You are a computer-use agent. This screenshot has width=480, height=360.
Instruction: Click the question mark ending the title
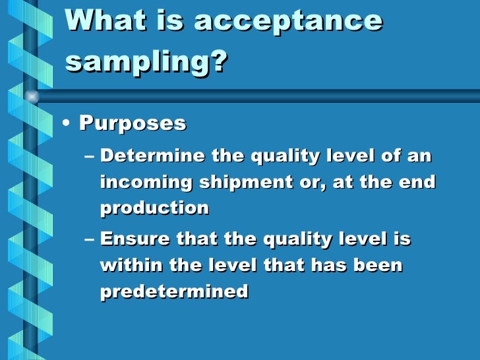220,63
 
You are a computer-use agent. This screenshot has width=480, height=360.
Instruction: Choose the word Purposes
133,123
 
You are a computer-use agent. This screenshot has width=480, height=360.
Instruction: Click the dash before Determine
90,157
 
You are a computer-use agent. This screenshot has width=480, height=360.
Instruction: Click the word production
154,208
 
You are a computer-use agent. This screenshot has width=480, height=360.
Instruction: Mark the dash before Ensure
90,240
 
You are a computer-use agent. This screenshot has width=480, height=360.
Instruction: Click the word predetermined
174,291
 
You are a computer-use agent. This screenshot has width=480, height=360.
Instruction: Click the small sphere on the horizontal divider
31,97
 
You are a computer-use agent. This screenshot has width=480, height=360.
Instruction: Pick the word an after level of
419,157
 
